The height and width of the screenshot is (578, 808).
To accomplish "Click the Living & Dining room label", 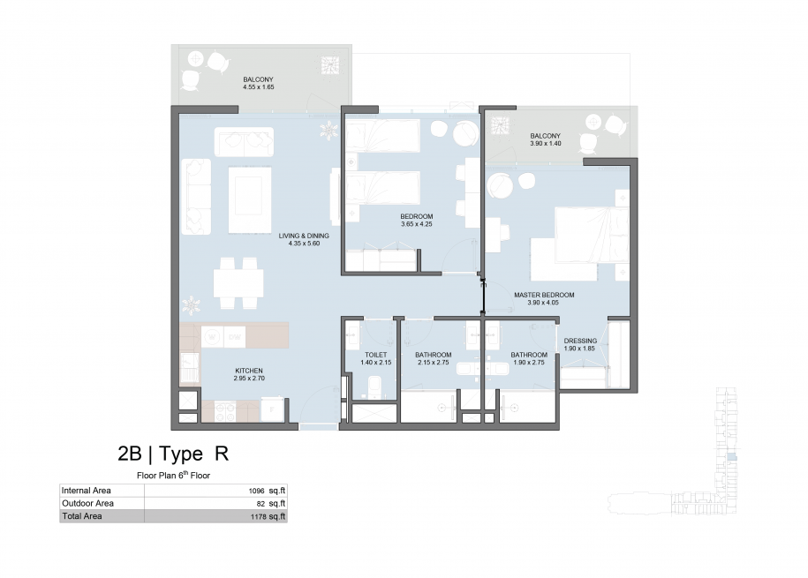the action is coord(304,236).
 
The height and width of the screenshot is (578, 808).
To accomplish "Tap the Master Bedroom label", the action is coord(544,296).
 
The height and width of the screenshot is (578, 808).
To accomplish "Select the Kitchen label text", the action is coord(249,371).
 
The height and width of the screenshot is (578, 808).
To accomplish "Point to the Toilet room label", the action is coord(375,355).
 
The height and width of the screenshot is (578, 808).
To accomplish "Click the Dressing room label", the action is coord(580,341).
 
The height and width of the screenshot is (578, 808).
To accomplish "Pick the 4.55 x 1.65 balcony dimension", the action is coord(258,87).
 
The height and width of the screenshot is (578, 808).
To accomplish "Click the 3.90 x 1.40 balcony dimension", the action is coord(545,144).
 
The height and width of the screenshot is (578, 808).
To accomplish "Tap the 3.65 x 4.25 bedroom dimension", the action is coord(417,225).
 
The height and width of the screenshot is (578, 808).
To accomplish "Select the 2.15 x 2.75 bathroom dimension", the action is coord(434,363).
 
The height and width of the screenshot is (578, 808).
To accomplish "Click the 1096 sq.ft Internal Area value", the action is coord(267,491).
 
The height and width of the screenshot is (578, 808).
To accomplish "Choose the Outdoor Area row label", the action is coord(87,503).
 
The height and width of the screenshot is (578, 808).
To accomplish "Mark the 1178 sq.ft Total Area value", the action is coord(268,516).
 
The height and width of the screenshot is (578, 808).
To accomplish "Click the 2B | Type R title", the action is coord(173,454).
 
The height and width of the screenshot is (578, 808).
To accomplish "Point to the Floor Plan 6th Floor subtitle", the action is coord(173,475).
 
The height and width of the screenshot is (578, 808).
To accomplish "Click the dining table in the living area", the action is coord(238,282).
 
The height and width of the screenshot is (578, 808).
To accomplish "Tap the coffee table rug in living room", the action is coord(250,199).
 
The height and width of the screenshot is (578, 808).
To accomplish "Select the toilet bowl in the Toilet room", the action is coord(374,387).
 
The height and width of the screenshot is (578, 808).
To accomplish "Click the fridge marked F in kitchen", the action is coord(272,409).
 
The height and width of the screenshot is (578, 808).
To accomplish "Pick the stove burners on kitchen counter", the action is coord(226,411).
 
